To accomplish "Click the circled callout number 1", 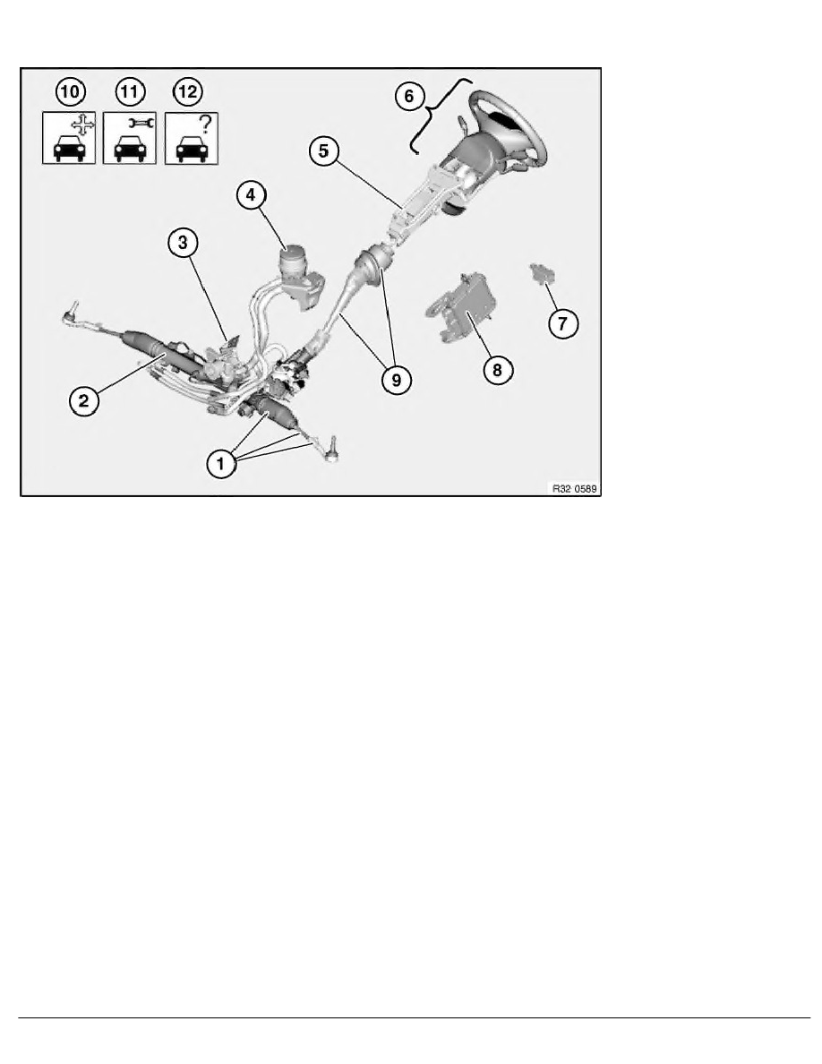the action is click(219, 464).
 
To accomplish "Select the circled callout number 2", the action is click(83, 400).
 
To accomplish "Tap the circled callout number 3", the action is click(183, 242).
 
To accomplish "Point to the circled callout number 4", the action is click(251, 194).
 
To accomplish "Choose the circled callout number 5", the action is click(323, 150).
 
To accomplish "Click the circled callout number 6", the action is click(409, 97).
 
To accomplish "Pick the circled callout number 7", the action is click(563, 323).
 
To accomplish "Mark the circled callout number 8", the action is click(498, 370).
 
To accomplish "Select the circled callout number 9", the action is click(397, 380).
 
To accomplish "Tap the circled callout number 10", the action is click(70, 91).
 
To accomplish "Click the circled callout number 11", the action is click(130, 91).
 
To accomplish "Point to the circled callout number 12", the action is click(188, 91).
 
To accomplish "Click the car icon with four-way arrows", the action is click(69, 139).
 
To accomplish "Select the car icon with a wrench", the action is click(130, 139).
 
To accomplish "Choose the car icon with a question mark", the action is click(192, 139).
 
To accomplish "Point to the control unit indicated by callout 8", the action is click(460, 309).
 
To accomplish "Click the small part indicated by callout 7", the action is click(542, 273).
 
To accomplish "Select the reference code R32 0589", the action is click(575, 489).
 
